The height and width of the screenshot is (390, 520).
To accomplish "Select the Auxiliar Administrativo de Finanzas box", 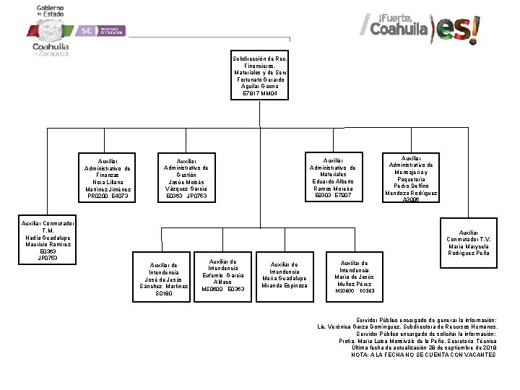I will pyautogui.click(x=108, y=178).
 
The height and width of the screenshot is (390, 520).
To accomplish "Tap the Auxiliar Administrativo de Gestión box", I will pyautogui.click(x=186, y=178).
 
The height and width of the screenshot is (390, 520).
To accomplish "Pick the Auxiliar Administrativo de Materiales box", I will pyautogui.click(x=332, y=178).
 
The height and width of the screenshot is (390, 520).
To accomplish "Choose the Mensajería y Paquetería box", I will pyautogui.click(x=411, y=178).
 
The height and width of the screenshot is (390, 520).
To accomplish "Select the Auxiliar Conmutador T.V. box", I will pyautogui.click(x=468, y=243).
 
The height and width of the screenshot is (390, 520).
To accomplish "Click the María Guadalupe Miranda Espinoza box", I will pyautogui.click(x=284, y=275).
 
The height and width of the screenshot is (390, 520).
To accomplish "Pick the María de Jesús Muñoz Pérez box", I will pyautogui.click(x=353, y=274).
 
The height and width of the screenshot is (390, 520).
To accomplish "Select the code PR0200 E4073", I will pyautogui.click(x=108, y=196).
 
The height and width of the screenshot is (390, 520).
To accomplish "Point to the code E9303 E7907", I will pyautogui.click(x=332, y=196).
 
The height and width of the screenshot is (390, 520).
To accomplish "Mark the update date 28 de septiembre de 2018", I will pyautogui.click(x=461, y=347).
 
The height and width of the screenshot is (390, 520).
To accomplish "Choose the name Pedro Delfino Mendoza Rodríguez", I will pyautogui.click(x=411, y=189).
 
